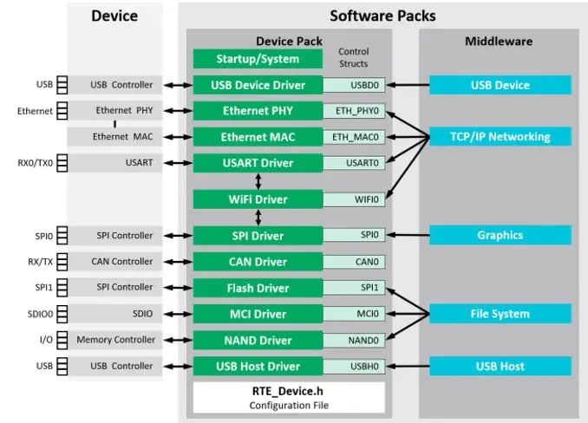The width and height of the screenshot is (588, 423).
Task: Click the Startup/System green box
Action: [x=258, y=59]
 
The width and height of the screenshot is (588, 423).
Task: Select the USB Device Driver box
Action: [x=258, y=85]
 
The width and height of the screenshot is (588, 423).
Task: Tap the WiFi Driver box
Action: [x=258, y=199]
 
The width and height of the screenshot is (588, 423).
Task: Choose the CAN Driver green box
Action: [x=258, y=261]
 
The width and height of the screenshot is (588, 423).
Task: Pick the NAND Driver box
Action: [x=258, y=340]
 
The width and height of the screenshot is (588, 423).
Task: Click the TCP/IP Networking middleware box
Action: [x=499, y=137]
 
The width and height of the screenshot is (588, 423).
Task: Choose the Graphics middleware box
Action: [x=499, y=235]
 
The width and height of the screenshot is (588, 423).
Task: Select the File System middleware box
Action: [x=499, y=314]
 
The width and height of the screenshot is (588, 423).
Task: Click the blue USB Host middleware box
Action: [x=499, y=366]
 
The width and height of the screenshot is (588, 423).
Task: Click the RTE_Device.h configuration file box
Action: [x=287, y=397]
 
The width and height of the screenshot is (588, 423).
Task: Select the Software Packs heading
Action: [x=382, y=16]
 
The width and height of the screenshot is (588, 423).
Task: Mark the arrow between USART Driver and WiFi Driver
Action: [x=258, y=181]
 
